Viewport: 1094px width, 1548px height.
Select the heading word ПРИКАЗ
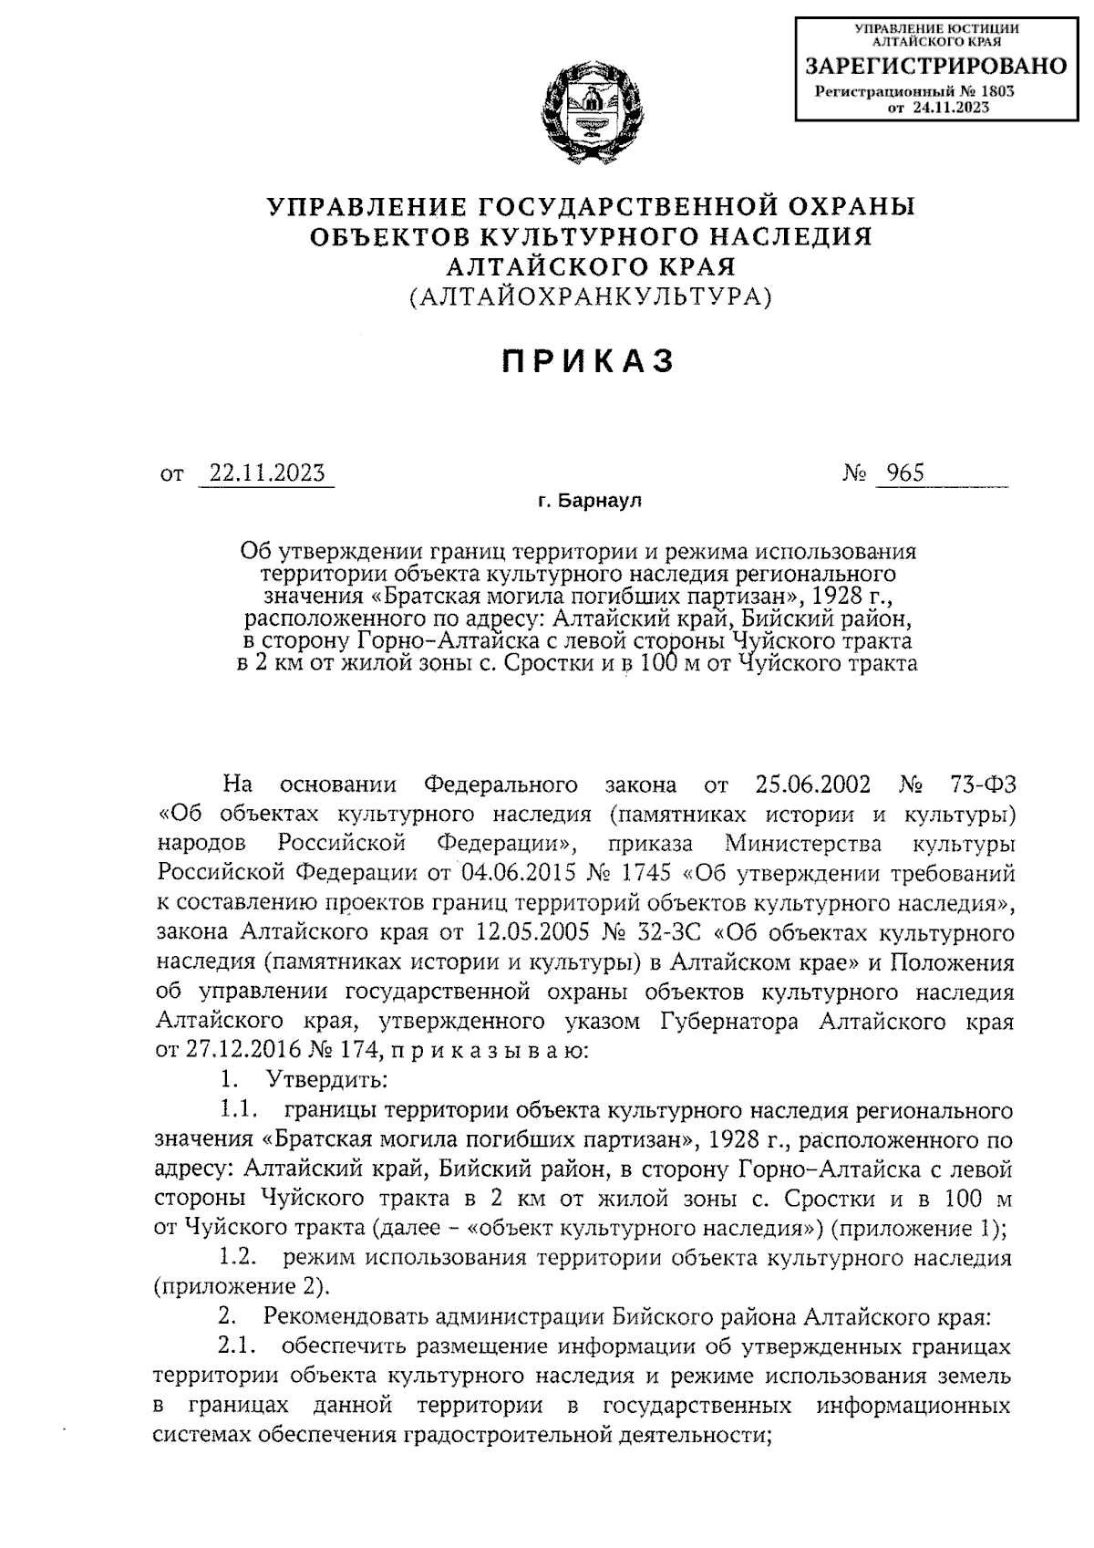click(590, 361)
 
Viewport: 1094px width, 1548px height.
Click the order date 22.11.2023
click(266, 473)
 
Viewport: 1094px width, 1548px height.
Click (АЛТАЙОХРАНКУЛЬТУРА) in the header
click(590, 296)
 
